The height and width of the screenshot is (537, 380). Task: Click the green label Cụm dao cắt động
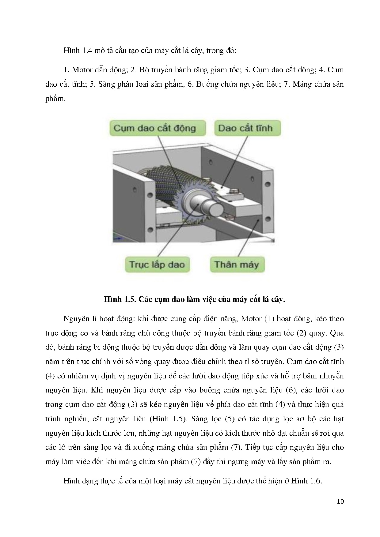pos(155,128)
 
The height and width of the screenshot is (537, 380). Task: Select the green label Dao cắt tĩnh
pos(245,128)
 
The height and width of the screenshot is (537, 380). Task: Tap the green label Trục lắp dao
pos(157,264)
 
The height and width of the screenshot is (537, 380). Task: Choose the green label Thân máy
pos(237,264)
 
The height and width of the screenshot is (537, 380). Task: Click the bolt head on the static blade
pos(234,191)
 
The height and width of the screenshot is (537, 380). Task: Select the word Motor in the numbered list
pos(82,70)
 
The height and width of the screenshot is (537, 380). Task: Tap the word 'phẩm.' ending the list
pos(55,99)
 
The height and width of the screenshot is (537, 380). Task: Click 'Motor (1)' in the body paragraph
pos(257,319)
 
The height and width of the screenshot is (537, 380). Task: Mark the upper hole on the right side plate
pos(268,184)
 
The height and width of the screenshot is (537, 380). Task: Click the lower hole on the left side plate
pos(150,230)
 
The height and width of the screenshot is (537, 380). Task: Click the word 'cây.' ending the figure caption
pos(278,299)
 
